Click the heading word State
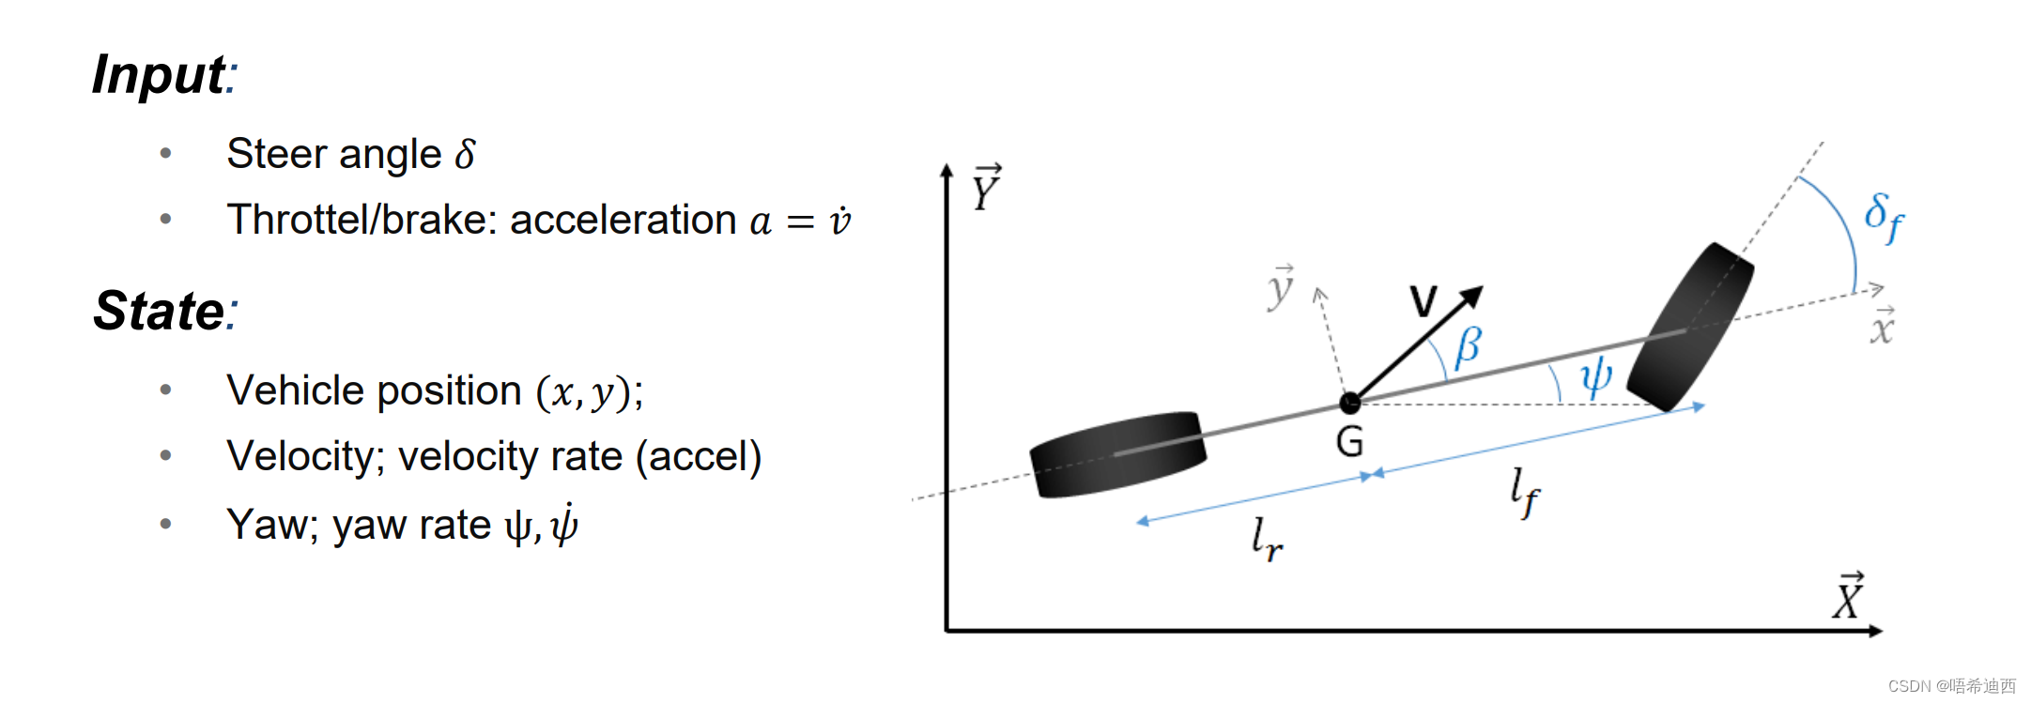point(160,311)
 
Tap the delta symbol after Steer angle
point(465,154)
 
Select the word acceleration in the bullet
point(623,221)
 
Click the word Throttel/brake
point(362,221)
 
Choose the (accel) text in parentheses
point(699,457)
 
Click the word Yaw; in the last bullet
point(272,525)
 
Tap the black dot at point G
point(1349,404)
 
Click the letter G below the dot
point(1349,442)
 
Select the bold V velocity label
point(1423,301)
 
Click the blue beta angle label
point(1469,346)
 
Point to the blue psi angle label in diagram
point(1595,376)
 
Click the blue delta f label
point(1884,218)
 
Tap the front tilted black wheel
point(1690,327)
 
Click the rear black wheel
point(1118,454)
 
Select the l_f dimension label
point(1525,492)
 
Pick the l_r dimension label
point(1267,539)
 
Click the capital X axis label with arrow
point(1849,597)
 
